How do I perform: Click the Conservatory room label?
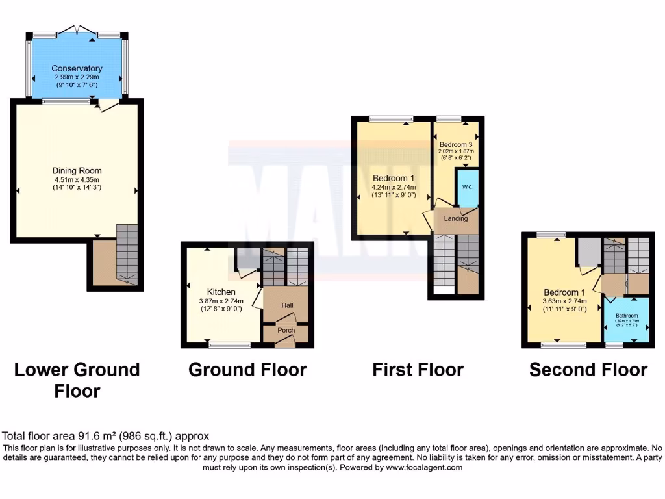pos(77,68)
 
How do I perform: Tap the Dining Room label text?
pos(77,171)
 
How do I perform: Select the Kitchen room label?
pos(221,292)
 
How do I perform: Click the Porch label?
pos(286,330)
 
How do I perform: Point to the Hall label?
pos(288,305)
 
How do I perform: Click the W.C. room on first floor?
pos(468,187)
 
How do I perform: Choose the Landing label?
pos(455,218)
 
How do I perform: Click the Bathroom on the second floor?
pos(627,316)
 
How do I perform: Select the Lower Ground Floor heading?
pos(77,380)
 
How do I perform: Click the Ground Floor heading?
pos(247,370)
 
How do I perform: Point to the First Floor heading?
pos(418,370)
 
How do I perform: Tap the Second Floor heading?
pos(588,370)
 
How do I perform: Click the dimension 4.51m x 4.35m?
pos(77,179)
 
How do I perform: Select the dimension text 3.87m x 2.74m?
pos(221,301)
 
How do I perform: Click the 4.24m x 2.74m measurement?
pos(394,187)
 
